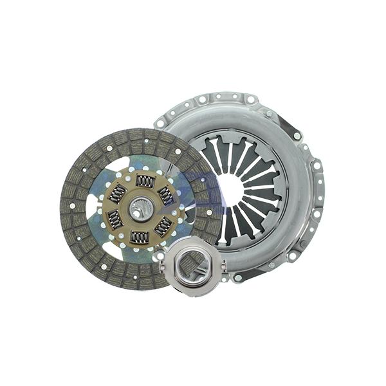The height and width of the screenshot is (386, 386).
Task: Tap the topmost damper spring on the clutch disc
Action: coord(145,182)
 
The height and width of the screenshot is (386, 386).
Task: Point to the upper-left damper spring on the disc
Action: coord(118,192)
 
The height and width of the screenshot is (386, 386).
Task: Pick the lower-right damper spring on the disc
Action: coord(163,226)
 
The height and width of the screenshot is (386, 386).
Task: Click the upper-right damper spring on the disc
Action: coord(166,195)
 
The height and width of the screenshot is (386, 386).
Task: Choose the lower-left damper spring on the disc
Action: coord(115,220)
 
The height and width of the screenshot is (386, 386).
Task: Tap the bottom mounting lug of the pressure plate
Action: coord(238,278)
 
